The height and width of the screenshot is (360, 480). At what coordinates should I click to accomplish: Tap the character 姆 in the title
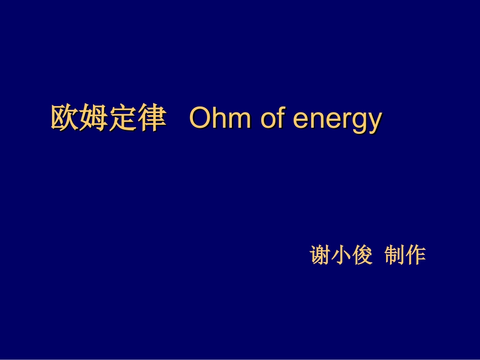click(94, 119)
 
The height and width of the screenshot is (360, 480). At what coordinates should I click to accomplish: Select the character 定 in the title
click(123, 119)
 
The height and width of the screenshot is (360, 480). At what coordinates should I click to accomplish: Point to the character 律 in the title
click(152, 119)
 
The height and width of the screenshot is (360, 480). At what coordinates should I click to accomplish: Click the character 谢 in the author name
click(320, 255)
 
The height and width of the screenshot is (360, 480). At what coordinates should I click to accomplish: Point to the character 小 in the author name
click(341, 255)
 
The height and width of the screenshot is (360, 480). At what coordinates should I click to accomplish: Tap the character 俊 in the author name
click(362, 255)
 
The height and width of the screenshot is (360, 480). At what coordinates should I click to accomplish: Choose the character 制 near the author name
click(395, 255)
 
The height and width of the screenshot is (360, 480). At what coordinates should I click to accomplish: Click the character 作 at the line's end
click(416, 255)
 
